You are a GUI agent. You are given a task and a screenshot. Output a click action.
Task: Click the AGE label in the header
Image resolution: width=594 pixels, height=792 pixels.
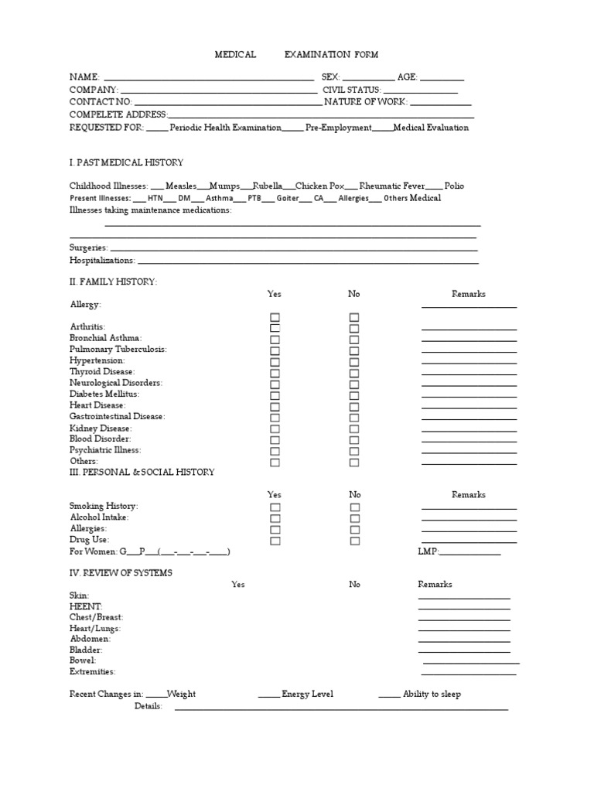tap(407, 77)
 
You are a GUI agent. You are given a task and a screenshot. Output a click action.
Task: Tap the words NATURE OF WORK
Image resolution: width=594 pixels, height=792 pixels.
tap(365, 102)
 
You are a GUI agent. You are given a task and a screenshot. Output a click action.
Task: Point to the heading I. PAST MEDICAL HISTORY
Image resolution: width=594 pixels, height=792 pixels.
tap(126, 162)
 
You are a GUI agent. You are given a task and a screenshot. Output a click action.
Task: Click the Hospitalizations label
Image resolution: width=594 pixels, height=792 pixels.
tap(102, 261)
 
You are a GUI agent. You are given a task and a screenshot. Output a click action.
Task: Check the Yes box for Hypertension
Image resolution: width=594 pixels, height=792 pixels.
tap(275, 361)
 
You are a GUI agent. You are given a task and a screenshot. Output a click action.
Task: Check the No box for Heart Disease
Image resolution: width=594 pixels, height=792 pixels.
tap(354, 406)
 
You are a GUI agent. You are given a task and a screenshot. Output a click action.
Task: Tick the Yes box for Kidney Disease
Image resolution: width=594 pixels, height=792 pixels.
tap(275, 428)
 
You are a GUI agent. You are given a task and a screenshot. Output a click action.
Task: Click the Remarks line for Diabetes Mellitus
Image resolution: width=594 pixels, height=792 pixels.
tap(469, 396)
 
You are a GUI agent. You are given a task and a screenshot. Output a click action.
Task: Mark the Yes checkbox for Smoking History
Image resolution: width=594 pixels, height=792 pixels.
tap(275, 507)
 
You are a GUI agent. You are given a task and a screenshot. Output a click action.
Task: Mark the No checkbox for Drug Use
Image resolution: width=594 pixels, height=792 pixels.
tap(354, 541)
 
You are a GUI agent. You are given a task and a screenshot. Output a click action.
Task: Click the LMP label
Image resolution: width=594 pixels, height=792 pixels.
tap(428, 551)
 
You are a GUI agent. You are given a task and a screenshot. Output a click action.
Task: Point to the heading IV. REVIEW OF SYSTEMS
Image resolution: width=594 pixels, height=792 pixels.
tap(121, 572)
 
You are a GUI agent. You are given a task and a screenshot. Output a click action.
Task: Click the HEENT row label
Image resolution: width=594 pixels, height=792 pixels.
tap(86, 606)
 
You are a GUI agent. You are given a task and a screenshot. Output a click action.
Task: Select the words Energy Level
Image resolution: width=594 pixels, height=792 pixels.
tap(307, 695)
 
